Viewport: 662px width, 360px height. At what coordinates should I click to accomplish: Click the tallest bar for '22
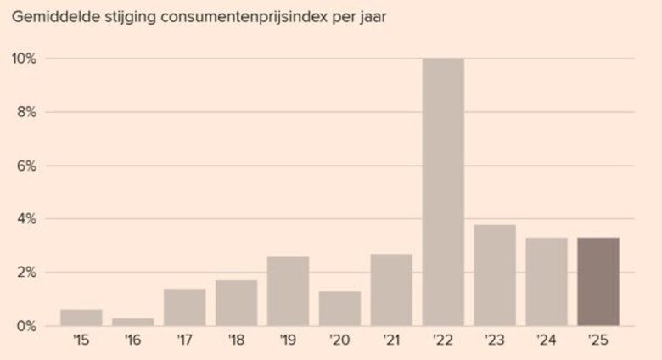443,192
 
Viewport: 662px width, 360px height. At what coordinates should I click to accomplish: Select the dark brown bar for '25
598,282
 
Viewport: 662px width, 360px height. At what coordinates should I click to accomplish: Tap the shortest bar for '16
132,322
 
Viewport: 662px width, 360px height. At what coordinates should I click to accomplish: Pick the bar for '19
288,291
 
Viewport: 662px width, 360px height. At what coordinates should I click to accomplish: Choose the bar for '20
339,308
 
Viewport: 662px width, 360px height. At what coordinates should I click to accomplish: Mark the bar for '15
81,318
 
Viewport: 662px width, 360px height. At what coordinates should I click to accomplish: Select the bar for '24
547,282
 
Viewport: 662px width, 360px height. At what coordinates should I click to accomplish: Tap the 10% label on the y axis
23,59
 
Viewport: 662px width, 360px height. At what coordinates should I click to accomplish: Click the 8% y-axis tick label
26,112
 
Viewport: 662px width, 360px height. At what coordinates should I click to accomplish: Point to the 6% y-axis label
26,166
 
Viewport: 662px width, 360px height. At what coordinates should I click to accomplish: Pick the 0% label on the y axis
26,326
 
